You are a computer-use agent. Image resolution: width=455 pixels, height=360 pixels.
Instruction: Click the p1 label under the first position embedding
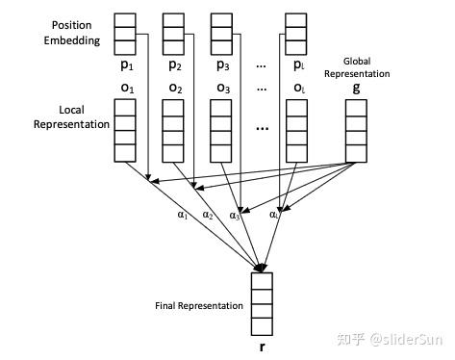coord(127,65)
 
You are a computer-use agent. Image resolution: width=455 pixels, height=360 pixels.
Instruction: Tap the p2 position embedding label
coord(175,65)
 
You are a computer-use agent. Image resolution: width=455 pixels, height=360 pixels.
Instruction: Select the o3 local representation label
coord(223,88)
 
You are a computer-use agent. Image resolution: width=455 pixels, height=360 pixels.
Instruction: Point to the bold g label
coord(356,88)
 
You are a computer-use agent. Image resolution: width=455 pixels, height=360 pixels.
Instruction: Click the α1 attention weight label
coord(183,215)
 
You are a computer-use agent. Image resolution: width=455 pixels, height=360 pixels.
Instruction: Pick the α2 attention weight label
coord(208,215)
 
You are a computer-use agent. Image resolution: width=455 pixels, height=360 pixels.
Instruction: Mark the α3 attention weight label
coord(235,216)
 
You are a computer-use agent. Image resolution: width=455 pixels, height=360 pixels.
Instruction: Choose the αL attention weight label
coord(275,215)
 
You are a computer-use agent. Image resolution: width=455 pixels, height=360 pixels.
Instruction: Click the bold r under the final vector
coord(262,347)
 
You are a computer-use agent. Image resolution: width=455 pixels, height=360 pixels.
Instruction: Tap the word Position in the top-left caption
coord(71,25)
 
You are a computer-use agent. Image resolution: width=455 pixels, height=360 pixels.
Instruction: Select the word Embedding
coord(72,40)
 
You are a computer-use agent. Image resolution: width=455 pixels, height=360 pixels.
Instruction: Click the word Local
coord(71,110)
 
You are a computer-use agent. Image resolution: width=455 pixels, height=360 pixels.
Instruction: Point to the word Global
coord(357,61)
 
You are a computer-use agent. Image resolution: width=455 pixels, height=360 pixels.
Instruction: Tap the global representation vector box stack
coord(356,131)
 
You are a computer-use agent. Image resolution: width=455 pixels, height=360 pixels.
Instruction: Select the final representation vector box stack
coord(262,304)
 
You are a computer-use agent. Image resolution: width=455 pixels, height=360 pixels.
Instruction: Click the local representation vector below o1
coord(125,131)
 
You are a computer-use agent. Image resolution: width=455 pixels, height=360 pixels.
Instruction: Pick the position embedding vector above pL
coord(296,34)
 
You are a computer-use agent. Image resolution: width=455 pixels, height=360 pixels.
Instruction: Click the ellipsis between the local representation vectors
coord(263,129)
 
